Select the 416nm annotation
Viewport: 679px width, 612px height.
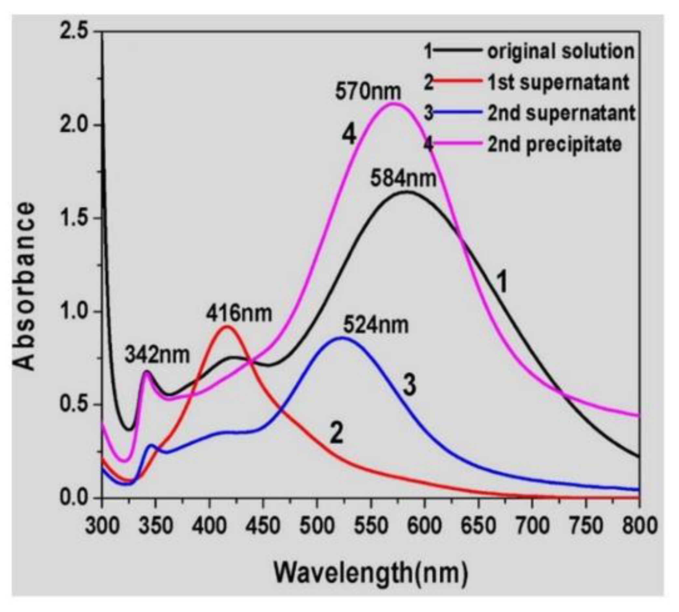click(x=239, y=313)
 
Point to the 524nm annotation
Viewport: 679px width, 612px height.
click(x=375, y=325)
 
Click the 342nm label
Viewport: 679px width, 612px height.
click(x=157, y=355)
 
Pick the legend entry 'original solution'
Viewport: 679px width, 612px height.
click(x=561, y=51)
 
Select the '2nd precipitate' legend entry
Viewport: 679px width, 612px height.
click(x=554, y=144)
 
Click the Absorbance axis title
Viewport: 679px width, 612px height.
click(x=24, y=286)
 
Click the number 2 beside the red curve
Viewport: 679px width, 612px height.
click(x=336, y=434)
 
